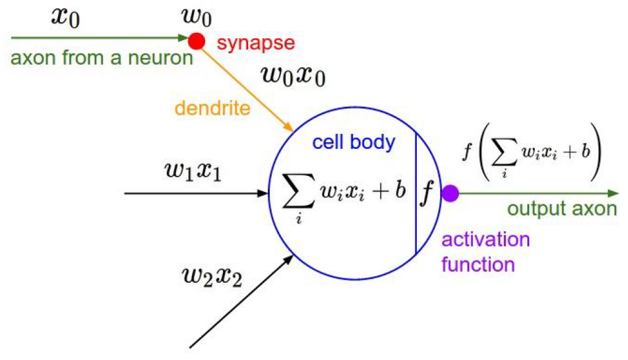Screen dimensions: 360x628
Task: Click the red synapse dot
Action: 196,41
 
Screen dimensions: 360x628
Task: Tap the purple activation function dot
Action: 450,193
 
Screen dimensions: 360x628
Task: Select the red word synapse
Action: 256,43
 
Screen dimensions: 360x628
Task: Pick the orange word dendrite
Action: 212,109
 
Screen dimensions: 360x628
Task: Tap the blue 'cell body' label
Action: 353,143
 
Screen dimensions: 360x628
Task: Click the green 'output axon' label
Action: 562,209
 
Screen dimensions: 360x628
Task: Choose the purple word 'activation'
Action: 485,240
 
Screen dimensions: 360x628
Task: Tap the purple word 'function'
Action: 479,264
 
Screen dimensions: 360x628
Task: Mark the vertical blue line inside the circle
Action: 415,193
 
